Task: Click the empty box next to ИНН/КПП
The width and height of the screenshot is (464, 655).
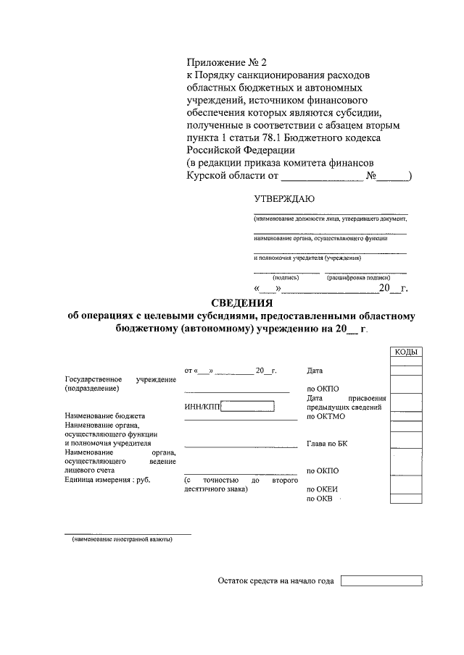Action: [x=247, y=407]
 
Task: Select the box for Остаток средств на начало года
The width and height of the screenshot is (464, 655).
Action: [x=381, y=580]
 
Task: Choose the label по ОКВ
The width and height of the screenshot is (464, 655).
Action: [x=320, y=499]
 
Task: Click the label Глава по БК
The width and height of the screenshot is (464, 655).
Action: [x=328, y=444]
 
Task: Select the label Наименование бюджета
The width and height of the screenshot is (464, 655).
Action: [x=104, y=417]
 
